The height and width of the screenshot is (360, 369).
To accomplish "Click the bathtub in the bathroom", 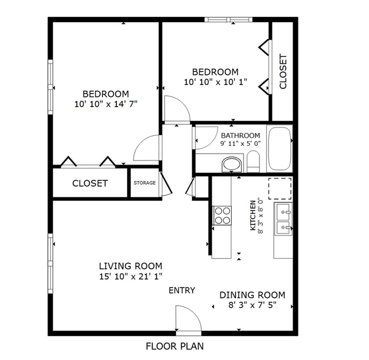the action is (279, 149).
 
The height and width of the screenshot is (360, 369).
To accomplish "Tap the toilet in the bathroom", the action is (253, 162).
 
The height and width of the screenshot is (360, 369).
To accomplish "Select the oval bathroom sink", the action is (232, 164).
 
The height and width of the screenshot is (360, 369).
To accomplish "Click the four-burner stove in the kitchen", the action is (222, 215).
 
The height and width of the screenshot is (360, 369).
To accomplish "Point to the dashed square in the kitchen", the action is (280, 188).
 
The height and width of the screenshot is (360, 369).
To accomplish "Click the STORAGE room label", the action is (145, 183).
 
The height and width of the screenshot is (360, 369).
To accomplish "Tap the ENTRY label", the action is (182, 290).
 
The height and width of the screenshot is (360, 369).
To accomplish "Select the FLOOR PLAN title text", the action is (175, 346).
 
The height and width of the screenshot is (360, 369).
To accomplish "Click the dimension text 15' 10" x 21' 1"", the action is (131, 276).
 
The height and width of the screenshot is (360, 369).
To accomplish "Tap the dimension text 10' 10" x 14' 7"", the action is (106, 104).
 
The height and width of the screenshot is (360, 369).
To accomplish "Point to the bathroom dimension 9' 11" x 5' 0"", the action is (241, 143).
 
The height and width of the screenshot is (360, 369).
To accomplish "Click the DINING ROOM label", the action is (252, 295).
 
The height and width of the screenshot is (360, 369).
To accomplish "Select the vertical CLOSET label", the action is (283, 71).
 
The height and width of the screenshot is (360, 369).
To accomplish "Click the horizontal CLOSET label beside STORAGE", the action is (90, 183).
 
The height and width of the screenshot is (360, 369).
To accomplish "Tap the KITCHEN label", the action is (253, 215).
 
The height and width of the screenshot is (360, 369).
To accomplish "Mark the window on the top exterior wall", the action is (228, 19).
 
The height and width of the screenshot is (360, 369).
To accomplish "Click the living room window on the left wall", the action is (51, 263).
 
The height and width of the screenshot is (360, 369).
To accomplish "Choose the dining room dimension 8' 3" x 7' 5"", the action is (252, 305).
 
